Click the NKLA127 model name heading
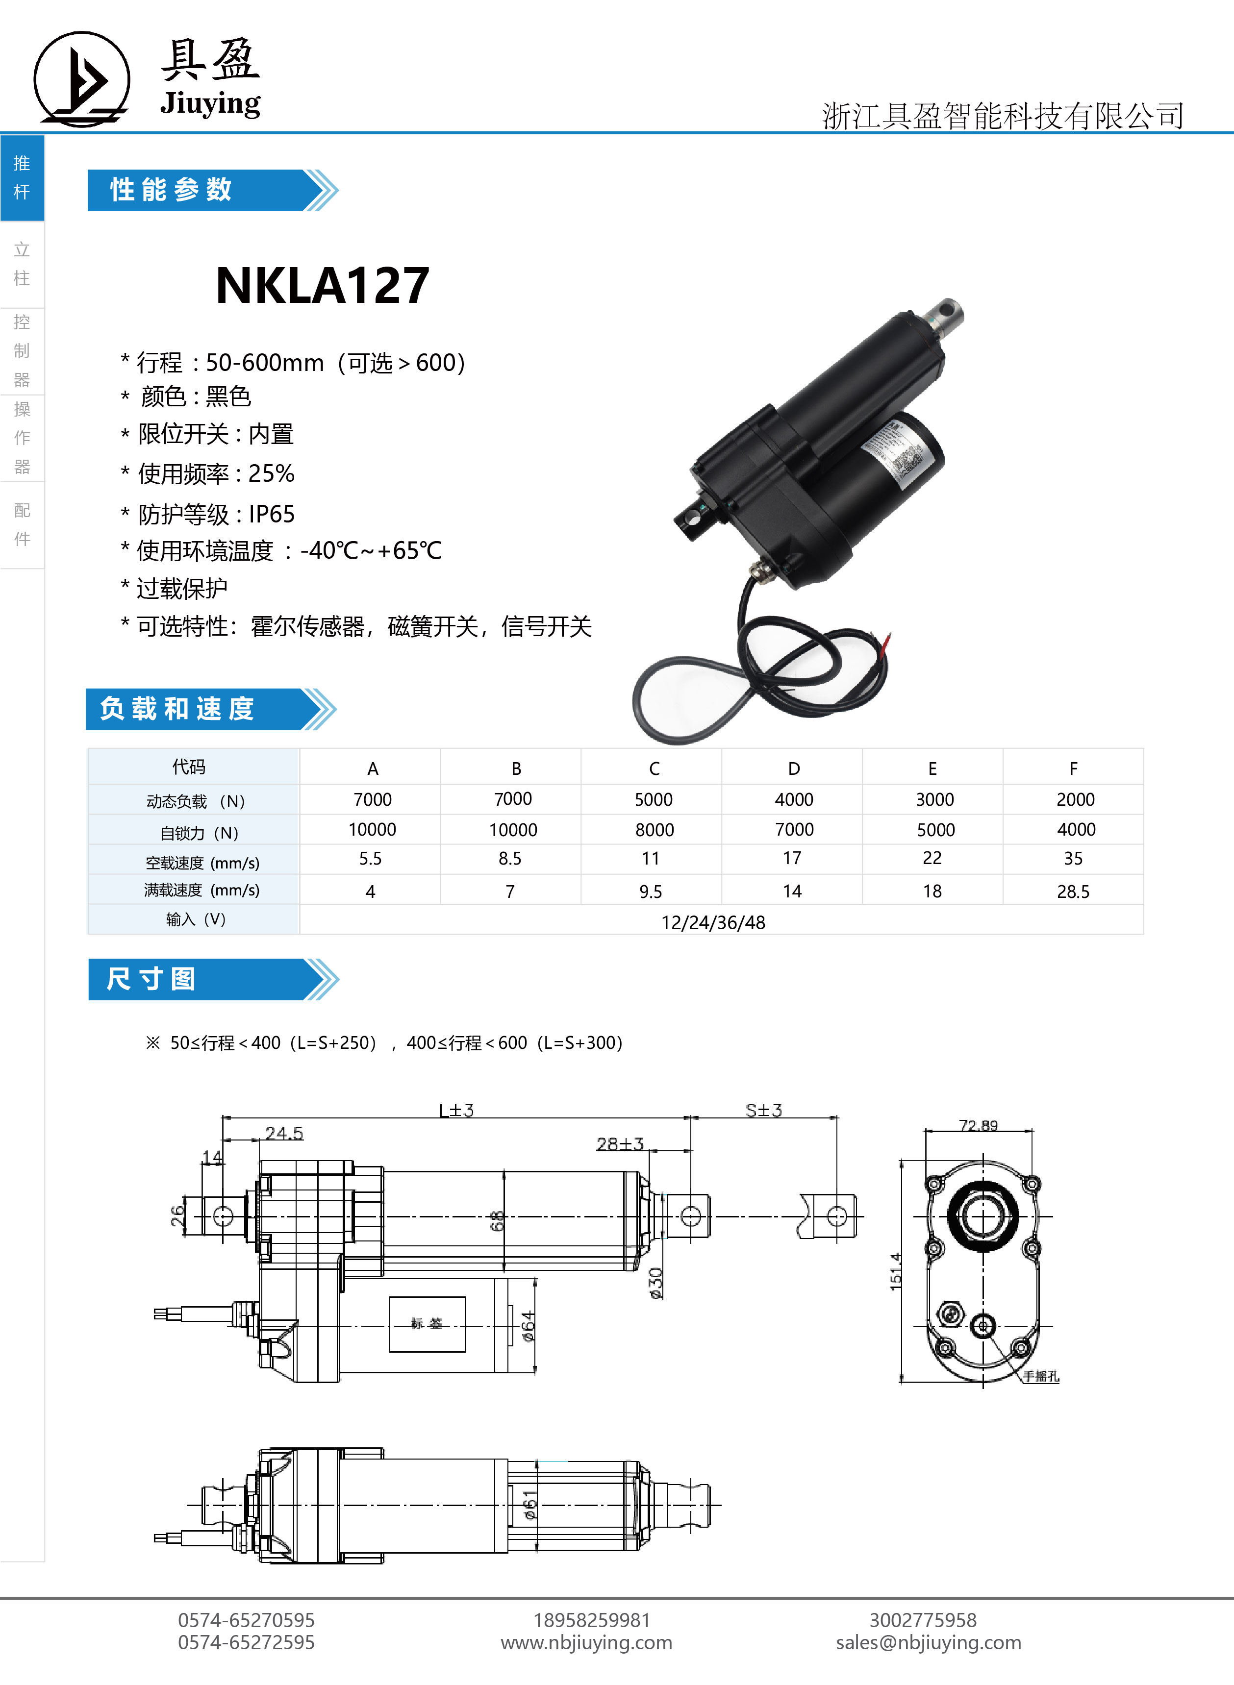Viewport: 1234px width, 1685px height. point(323,285)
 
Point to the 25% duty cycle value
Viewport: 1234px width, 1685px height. point(271,473)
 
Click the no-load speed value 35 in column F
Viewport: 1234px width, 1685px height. point(1073,859)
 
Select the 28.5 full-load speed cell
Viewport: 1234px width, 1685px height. point(1073,892)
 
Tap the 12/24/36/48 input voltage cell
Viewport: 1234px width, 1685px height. point(713,923)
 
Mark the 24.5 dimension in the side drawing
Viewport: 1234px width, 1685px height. point(284,1133)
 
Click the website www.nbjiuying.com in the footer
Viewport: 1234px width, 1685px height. point(586,1642)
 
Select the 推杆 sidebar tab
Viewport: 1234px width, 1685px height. point(22,178)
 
